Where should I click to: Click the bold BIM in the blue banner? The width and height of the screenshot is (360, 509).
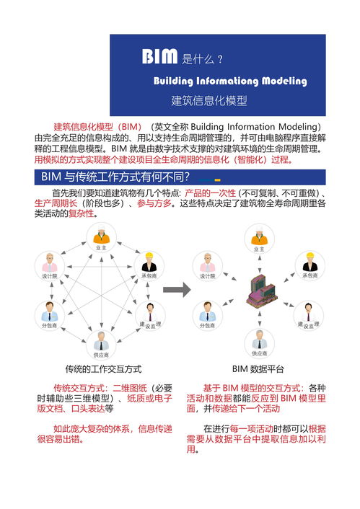coord(159,57)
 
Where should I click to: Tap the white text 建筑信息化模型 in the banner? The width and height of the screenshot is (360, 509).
coord(209,101)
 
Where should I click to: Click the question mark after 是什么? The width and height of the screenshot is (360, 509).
coord(219,58)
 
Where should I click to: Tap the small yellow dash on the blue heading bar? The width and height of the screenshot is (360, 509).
coord(217,180)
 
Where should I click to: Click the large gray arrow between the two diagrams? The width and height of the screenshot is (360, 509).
coord(177,290)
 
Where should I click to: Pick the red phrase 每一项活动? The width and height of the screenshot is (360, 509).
coord(260,428)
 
